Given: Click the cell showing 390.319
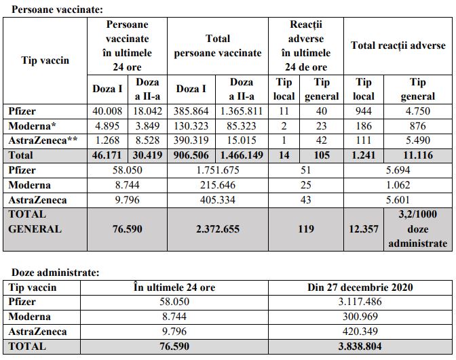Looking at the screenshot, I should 193,140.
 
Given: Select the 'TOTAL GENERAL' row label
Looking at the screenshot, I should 35,221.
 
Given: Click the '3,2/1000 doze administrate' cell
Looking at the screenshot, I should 417,228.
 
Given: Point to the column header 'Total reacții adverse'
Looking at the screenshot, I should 398,46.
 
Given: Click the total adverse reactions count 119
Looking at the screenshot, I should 306,228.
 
